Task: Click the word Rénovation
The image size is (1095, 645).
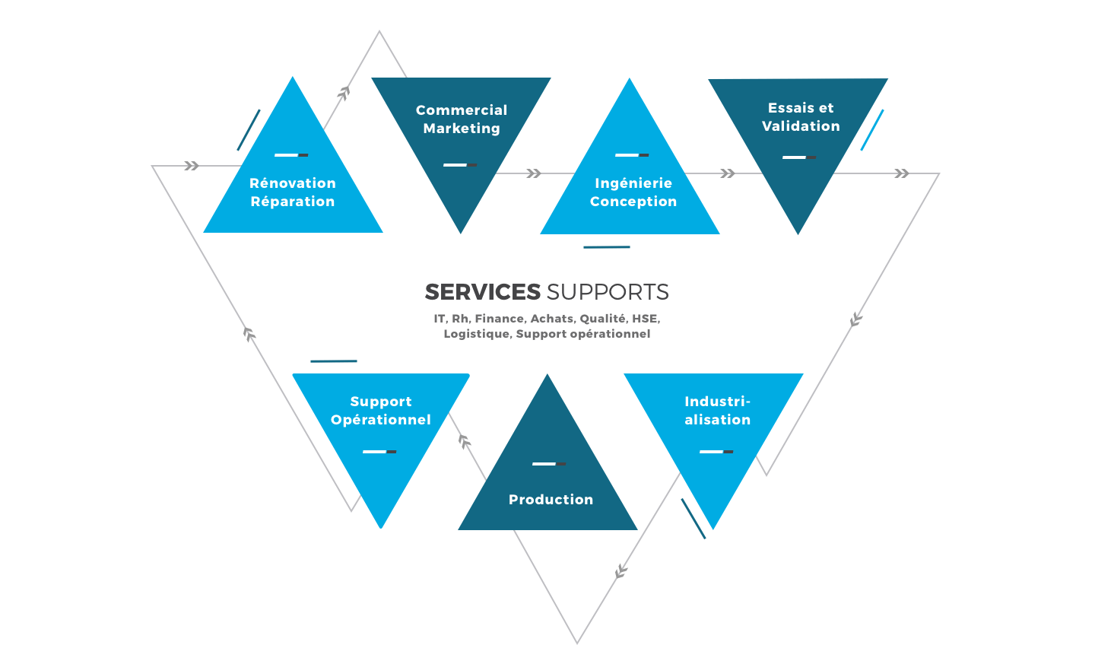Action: (x=293, y=183)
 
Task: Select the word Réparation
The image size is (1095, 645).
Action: (x=293, y=202)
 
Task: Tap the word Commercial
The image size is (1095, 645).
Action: (x=462, y=110)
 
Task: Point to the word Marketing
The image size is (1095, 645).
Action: (x=462, y=129)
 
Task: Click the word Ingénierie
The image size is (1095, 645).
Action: (x=633, y=183)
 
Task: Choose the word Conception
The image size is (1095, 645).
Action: (x=633, y=202)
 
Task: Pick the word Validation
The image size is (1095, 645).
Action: (x=801, y=126)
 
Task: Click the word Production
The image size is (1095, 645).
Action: (x=551, y=500)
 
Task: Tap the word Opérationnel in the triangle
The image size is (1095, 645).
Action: (x=381, y=420)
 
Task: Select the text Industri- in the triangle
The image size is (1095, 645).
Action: (x=717, y=402)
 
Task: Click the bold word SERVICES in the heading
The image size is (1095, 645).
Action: (x=483, y=292)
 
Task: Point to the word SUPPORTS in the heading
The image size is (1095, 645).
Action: (x=608, y=292)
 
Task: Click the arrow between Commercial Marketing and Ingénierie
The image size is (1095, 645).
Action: (x=534, y=173)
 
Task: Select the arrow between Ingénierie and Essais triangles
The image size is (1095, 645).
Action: (x=728, y=173)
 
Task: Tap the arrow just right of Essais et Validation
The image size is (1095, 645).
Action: (x=902, y=173)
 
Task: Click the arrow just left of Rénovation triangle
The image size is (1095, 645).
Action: (x=192, y=166)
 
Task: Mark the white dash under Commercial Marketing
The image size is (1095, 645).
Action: (x=456, y=165)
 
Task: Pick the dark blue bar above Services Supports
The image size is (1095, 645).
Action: (x=606, y=247)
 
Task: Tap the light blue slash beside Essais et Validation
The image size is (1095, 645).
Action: (x=872, y=130)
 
